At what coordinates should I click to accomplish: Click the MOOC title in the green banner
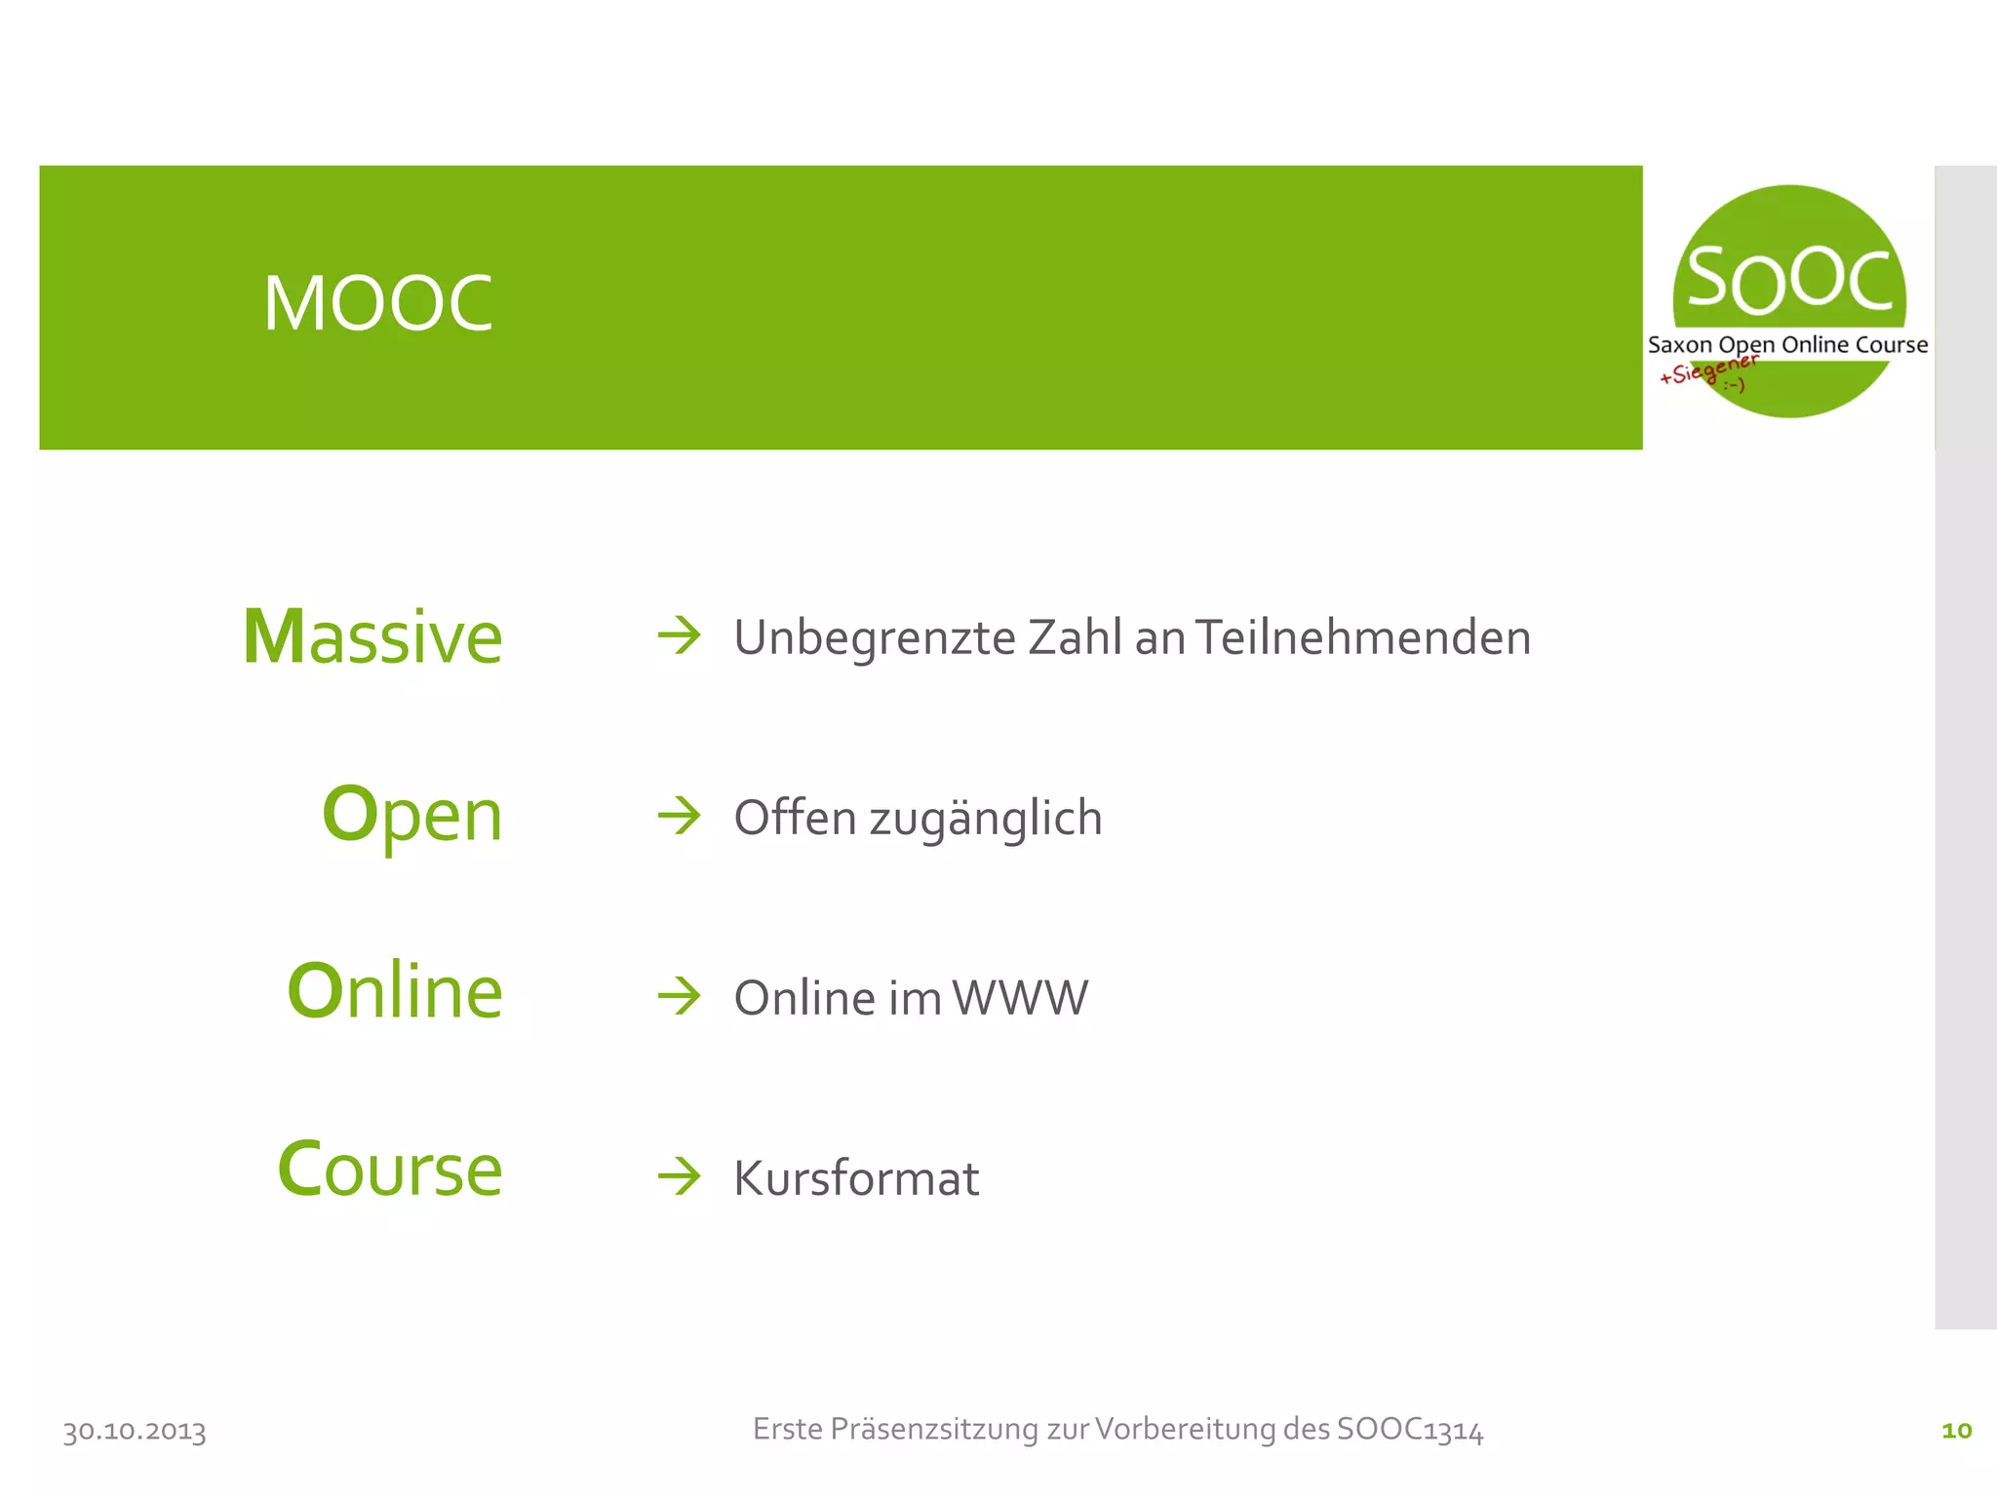click(x=377, y=303)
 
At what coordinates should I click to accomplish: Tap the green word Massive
click(x=372, y=637)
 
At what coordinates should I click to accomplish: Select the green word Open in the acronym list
click(x=411, y=815)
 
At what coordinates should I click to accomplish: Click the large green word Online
click(x=395, y=991)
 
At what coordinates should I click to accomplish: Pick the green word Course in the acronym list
click(x=390, y=1169)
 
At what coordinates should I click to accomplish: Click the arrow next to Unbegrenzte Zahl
click(x=680, y=636)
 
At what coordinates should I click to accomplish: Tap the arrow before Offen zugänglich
click(x=680, y=816)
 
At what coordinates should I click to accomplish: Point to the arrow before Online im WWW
click(x=680, y=996)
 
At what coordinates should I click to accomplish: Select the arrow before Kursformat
click(x=680, y=1176)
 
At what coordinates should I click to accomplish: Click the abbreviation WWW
click(x=1020, y=998)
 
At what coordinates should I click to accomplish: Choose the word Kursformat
click(x=856, y=1178)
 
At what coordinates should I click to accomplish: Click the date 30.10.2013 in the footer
click(x=135, y=1431)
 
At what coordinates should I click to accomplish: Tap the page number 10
click(x=1956, y=1430)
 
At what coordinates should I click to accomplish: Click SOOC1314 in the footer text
click(x=1410, y=1430)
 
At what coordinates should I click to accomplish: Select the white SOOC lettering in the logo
click(x=1789, y=280)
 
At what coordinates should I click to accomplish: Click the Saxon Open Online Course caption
click(x=1787, y=345)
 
